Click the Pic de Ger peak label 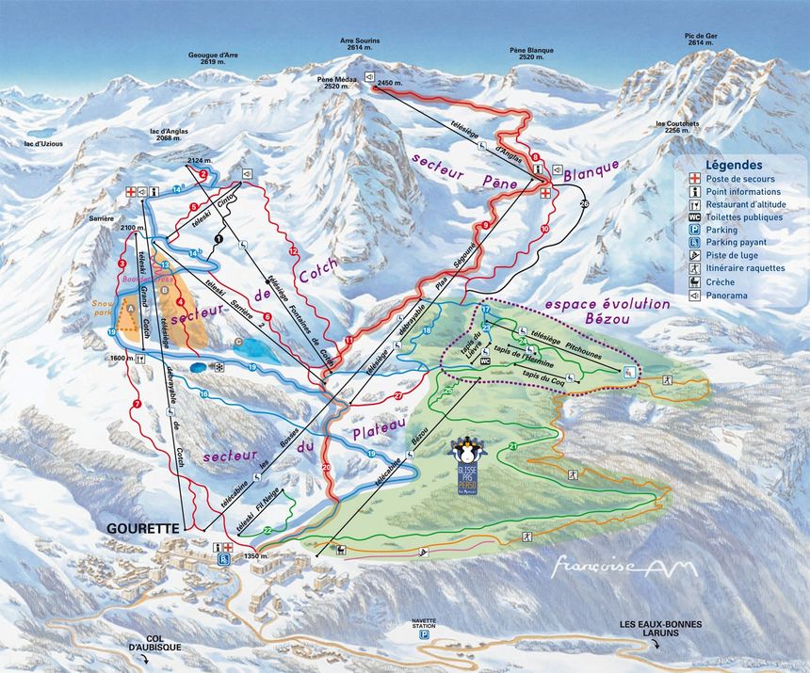702,39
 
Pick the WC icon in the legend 694,217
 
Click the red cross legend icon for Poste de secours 694,179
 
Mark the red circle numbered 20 327,468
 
